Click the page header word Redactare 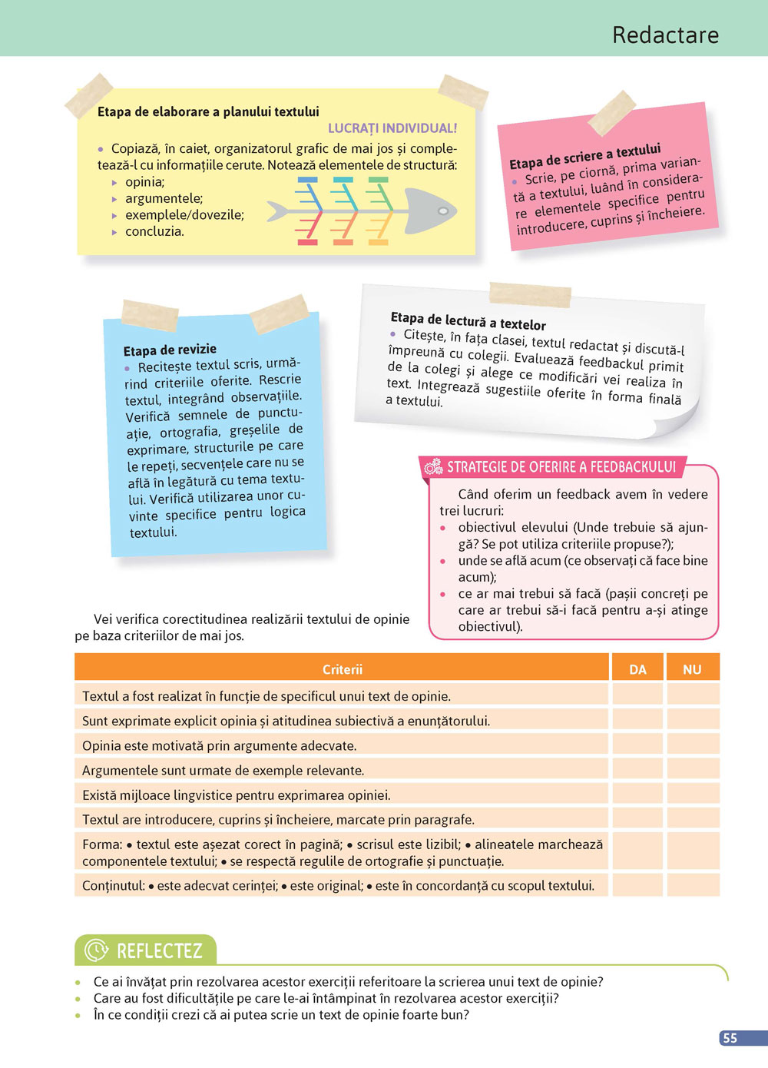tap(665, 35)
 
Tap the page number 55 tap(730, 1038)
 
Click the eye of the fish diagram tap(443, 211)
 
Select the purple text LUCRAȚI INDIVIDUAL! tap(392, 128)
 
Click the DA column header tap(637, 669)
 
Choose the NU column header tap(692, 669)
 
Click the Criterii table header tap(342, 669)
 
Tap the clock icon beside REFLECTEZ tap(96, 950)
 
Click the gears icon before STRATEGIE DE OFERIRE tap(433, 466)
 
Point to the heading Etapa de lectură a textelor tap(468, 320)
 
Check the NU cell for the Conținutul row tap(692, 885)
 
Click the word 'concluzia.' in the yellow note tap(154, 231)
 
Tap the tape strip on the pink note tap(612, 111)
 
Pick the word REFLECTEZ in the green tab tap(159, 951)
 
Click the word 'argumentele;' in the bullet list tap(164, 198)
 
